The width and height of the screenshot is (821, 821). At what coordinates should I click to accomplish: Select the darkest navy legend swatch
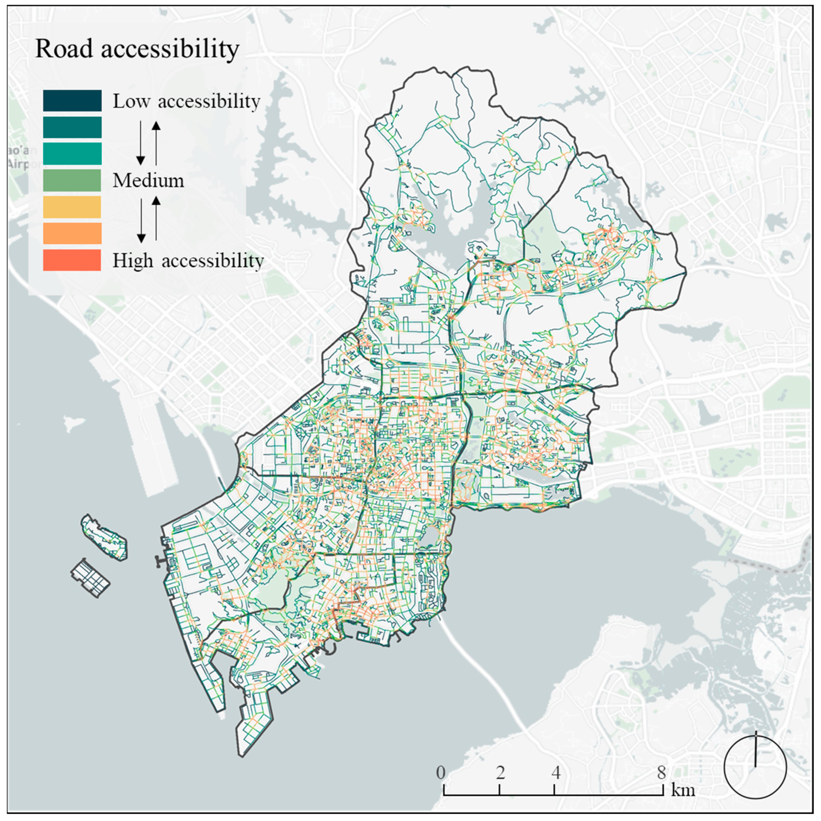click(x=72, y=100)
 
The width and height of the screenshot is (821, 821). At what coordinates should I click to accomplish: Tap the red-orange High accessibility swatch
click(x=72, y=260)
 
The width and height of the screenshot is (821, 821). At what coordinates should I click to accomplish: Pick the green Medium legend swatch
click(x=72, y=180)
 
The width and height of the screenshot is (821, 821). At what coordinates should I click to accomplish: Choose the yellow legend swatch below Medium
click(x=72, y=207)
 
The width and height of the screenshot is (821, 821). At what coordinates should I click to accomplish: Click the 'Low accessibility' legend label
click(x=186, y=101)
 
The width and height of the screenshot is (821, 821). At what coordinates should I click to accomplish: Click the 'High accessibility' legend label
click(x=188, y=260)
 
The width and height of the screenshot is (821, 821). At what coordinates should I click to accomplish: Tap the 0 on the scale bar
click(x=441, y=772)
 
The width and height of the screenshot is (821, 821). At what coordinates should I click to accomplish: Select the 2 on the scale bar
click(x=500, y=772)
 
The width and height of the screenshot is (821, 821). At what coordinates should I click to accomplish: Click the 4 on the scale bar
click(x=556, y=772)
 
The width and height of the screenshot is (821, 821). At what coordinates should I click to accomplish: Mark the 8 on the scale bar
click(x=661, y=772)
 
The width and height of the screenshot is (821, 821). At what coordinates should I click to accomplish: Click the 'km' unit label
click(x=683, y=790)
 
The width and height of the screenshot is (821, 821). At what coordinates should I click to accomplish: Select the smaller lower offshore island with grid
click(x=90, y=578)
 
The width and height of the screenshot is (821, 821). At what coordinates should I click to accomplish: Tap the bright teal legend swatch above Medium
click(x=72, y=154)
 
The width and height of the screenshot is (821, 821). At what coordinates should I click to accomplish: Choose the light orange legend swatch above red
click(x=72, y=233)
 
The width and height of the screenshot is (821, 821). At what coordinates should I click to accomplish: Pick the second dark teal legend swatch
click(x=72, y=127)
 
